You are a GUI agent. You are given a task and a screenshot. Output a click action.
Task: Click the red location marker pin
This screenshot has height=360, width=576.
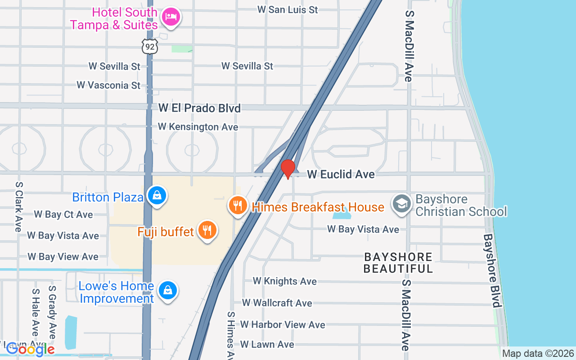coord(288,169)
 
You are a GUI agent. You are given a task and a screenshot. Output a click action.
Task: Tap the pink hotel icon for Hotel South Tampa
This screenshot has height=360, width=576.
coord(171,17)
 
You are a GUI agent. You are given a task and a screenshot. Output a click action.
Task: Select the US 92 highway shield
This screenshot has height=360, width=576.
coord(149,46)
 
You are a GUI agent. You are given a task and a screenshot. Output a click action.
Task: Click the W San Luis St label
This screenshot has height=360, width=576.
coord(288,9)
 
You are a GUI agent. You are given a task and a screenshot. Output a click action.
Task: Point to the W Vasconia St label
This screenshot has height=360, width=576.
coord(108,85)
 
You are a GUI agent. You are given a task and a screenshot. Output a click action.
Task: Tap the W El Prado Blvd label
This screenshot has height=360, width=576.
coord(199,108)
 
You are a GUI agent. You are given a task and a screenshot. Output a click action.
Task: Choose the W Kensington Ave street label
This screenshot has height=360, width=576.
coord(198,127)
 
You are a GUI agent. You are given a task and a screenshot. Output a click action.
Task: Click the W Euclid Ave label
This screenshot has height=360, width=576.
coord(341,174)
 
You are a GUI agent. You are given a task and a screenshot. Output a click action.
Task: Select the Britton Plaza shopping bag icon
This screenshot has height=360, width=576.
coord(157,195)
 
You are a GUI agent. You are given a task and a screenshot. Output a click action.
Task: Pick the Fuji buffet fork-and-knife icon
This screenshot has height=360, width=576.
coord(207,230)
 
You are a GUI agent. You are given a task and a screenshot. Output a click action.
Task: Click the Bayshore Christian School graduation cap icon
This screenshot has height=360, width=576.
coord(401,203)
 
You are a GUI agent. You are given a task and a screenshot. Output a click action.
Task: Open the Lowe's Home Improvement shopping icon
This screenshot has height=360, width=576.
coord(167,290)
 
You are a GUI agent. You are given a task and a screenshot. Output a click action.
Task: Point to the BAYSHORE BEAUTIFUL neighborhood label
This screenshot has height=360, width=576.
coord(398,263)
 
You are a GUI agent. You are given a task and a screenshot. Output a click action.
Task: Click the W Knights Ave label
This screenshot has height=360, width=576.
coord(284,281)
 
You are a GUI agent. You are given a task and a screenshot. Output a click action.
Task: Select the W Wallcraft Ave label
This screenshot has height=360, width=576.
coord(277,303)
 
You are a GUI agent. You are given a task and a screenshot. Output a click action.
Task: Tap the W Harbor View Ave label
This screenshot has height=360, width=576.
coord(282,324)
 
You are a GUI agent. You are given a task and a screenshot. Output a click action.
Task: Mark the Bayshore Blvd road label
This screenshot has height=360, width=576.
coord(492,270)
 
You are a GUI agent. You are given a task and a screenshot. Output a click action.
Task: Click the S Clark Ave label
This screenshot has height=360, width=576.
coord(18,207)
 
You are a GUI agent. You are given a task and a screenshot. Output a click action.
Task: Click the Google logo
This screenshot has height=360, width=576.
coord(30,349)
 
